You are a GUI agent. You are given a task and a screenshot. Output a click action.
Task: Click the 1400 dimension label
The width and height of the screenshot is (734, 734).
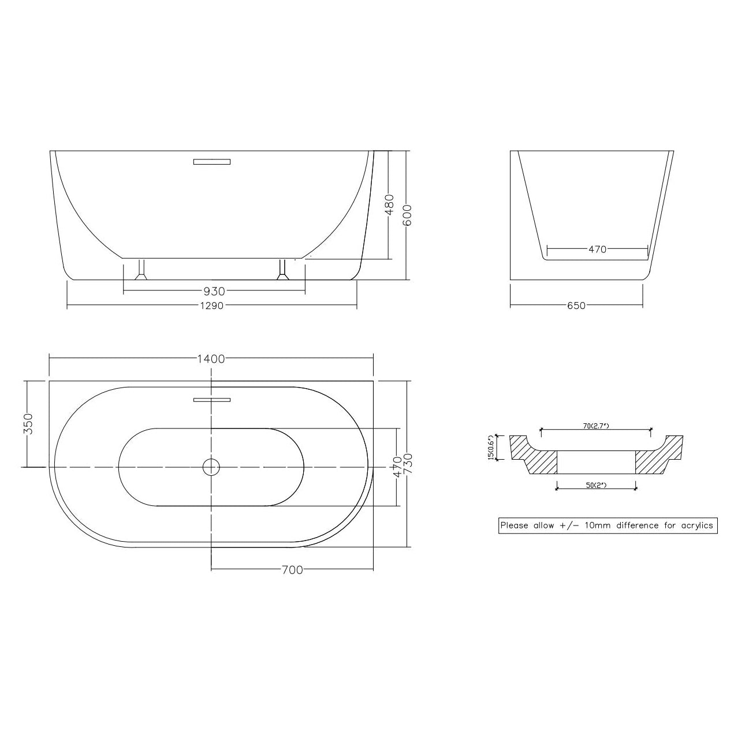[211, 359]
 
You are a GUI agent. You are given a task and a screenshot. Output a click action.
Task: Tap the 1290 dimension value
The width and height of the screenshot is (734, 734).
[212, 305]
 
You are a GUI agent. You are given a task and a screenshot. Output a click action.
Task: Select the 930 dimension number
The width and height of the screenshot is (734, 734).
[214, 292]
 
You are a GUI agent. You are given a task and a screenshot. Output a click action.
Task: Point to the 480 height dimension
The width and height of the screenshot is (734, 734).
[389, 205]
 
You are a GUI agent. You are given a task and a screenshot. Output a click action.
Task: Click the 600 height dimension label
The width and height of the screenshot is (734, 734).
[407, 215]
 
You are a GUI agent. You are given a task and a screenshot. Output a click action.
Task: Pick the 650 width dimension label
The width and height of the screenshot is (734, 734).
[576, 305]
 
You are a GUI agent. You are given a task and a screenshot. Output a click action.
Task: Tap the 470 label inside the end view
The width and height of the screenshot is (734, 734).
[597, 249]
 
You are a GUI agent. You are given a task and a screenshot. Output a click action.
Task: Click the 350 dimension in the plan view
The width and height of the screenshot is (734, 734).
[29, 423]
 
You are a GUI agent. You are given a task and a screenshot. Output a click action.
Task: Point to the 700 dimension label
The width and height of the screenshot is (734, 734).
[292, 570]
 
